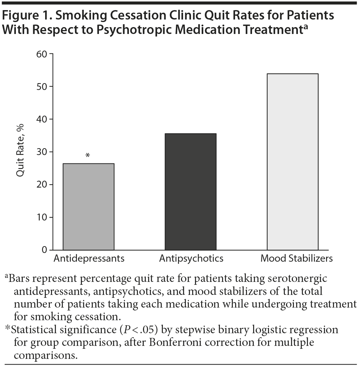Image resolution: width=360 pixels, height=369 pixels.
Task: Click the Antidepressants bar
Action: click(x=88, y=206)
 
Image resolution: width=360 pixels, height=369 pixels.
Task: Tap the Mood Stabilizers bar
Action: click(x=292, y=162)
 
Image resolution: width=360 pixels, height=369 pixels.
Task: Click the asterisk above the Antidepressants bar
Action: click(x=88, y=156)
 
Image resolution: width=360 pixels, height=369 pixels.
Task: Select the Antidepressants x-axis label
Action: click(x=89, y=259)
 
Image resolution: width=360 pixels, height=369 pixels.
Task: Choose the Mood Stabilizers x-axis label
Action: click(x=296, y=259)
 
